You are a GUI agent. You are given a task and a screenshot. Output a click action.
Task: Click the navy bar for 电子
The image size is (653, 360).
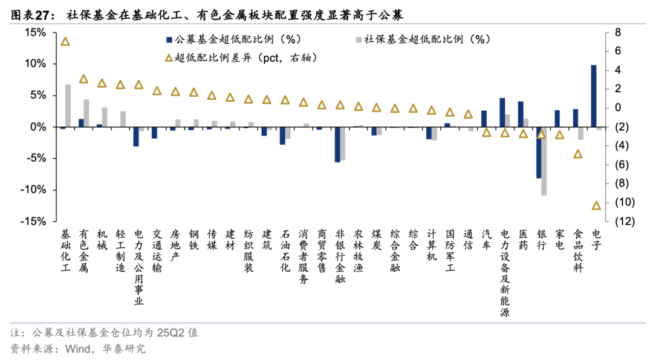tap(594, 96)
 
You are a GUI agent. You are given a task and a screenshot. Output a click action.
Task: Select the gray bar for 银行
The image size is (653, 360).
tap(544, 161)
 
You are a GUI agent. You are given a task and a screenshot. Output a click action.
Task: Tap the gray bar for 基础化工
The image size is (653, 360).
tap(68, 106)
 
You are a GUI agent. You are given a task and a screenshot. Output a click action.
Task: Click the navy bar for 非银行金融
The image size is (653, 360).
tap(337, 145)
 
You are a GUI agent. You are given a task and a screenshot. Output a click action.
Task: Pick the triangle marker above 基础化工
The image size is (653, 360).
tap(65, 41)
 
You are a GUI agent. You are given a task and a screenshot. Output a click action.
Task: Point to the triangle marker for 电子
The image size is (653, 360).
tap(596, 206)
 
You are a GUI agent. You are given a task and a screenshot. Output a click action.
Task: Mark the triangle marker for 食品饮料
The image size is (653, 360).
tap(578, 154)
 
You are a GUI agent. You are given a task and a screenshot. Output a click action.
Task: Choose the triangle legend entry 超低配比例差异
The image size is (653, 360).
tap(242, 58)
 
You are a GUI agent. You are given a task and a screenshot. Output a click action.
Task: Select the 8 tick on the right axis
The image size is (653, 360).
tap(618, 32)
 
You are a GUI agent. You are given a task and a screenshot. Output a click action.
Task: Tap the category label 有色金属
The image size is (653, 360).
tap(84, 250)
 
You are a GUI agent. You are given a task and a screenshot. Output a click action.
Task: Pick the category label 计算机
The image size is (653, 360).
tap(431, 245)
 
